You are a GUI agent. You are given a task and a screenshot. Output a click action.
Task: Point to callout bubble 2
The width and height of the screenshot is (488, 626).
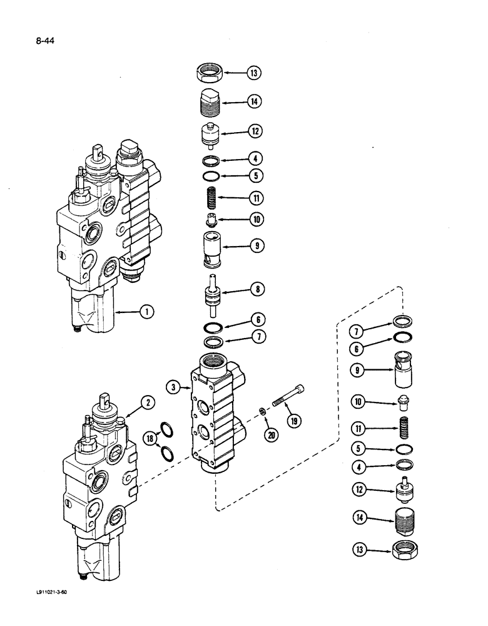click(147, 403)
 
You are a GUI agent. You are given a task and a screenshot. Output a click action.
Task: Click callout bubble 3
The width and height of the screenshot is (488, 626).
click(173, 389)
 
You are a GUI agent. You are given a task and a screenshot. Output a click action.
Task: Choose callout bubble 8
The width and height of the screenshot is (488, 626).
click(256, 289)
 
